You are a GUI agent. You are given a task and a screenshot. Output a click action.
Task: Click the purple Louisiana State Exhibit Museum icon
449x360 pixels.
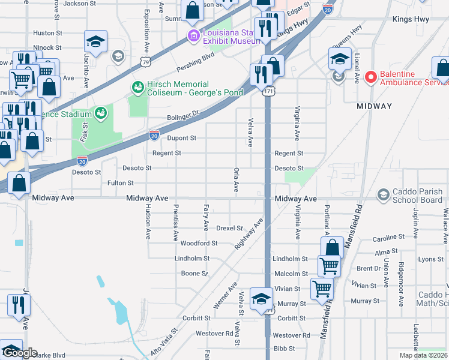194,36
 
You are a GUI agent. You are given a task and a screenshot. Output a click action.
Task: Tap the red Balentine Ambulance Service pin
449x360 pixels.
370,77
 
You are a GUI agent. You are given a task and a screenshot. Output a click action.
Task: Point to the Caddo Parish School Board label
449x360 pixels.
417,195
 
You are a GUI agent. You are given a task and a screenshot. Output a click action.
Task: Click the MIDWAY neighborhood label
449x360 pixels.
374,106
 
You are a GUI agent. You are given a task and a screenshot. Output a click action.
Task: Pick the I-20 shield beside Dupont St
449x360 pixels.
154,136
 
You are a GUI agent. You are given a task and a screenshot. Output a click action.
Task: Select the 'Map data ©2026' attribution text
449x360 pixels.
423,355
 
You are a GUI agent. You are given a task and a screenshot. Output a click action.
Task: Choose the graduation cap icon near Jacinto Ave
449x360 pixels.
95,42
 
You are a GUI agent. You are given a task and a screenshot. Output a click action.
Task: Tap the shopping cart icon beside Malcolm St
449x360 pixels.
328,264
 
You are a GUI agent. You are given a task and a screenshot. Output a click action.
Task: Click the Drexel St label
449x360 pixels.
229,229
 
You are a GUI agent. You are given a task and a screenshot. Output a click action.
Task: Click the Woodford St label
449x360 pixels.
199,244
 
